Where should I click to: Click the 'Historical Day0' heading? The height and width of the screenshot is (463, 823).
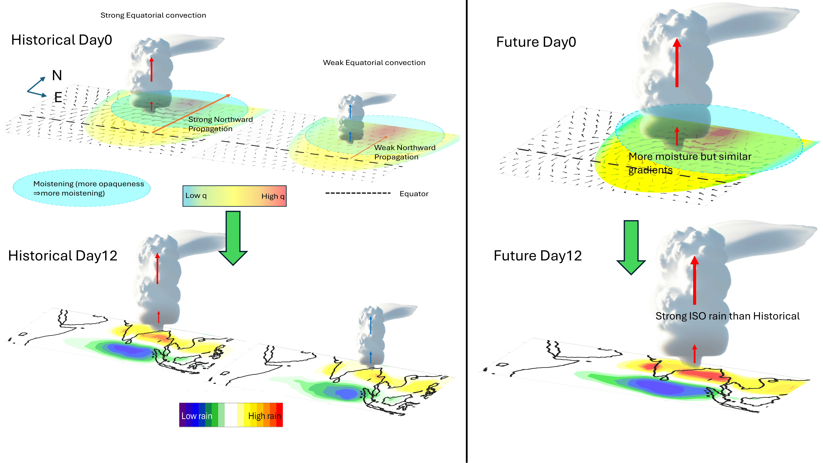click(x=62, y=40)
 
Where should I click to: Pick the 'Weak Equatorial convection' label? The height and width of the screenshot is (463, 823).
click(x=374, y=63)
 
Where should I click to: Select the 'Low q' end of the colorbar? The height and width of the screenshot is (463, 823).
click(x=196, y=196)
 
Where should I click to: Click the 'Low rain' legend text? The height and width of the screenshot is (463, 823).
click(x=197, y=416)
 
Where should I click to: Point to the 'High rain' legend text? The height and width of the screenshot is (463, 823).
click(x=264, y=416)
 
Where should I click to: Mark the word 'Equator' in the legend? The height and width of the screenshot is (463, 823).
click(x=414, y=194)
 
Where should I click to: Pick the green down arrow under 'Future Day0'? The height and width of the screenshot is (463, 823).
click(x=631, y=247)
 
